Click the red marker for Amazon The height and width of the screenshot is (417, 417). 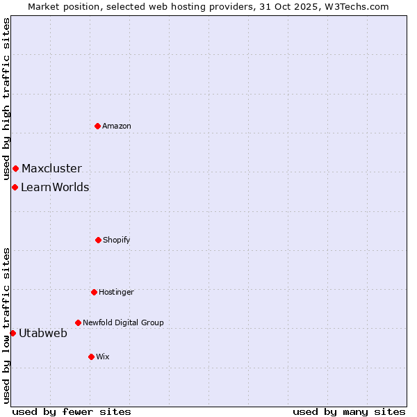pyautogui.click(x=98, y=126)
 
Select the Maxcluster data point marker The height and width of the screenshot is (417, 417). pyautogui.click(x=15, y=168)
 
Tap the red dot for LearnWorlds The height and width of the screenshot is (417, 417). pyautogui.click(x=15, y=187)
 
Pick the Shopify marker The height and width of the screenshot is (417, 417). pyautogui.click(x=98, y=240)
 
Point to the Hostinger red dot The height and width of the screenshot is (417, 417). pyautogui.click(x=94, y=292)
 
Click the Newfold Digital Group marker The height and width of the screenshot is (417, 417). pyautogui.click(x=78, y=322)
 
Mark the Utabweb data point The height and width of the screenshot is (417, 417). pyautogui.click(x=13, y=333)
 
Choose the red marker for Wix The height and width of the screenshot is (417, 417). pyautogui.click(x=91, y=357)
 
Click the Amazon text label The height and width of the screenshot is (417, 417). pyautogui.click(x=117, y=126)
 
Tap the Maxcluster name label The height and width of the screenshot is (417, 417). pyautogui.click(x=51, y=168)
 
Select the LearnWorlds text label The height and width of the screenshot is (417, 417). pyautogui.click(x=55, y=187)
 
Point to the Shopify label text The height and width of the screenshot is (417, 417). pyautogui.click(x=117, y=240)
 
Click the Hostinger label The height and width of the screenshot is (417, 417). pyautogui.click(x=116, y=292)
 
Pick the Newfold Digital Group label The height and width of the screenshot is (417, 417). pyautogui.click(x=123, y=322)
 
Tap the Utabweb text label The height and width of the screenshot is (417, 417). pyautogui.click(x=43, y=333)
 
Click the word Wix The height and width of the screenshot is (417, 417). pyautogui.click(x=103, y=357)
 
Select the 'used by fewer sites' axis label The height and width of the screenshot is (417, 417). pyautogui.click(x=72, y=411)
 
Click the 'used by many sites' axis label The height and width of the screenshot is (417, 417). pyautogui.click(x=349, y=411)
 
